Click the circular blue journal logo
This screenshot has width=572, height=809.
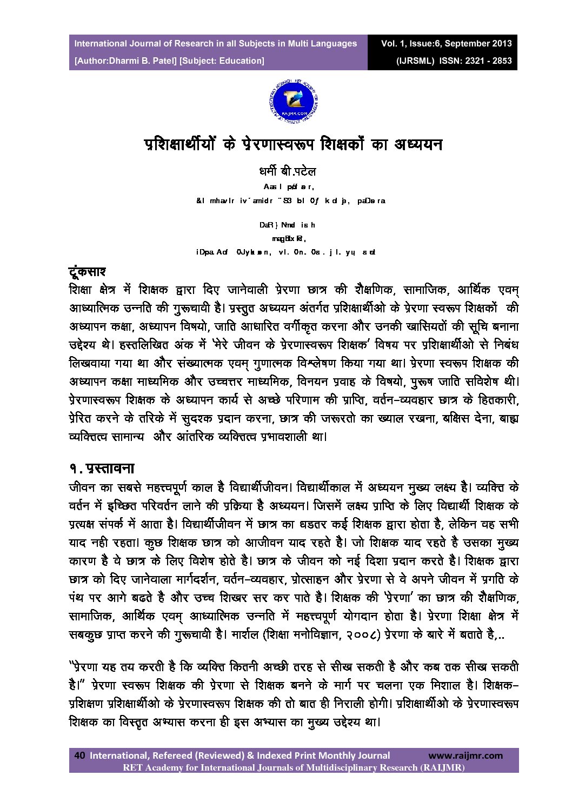click(287, 101)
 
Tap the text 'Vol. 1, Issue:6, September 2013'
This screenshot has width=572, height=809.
click(446, 43)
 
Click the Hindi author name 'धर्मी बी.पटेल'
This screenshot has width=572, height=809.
click(288, 172)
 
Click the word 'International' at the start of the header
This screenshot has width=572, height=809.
click(99, 43)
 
